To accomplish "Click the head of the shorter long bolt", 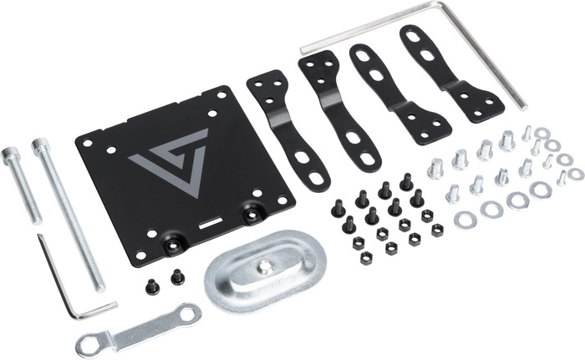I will [x=11, y=156].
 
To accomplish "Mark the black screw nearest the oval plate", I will [x=178, y=276].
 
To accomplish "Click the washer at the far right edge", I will [x=576, y=174].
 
